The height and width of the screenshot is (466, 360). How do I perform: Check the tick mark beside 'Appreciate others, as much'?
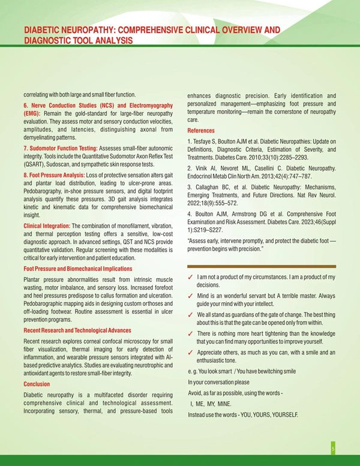point(190,353)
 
